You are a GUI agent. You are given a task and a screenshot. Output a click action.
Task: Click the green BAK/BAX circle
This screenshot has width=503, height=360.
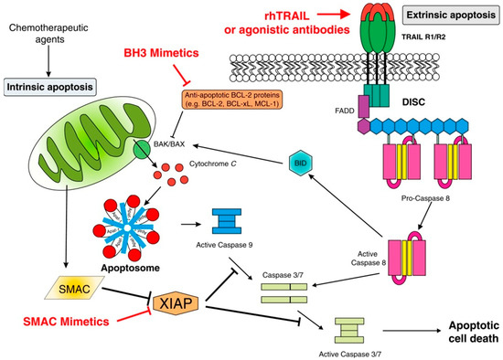tap(142, 150)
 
